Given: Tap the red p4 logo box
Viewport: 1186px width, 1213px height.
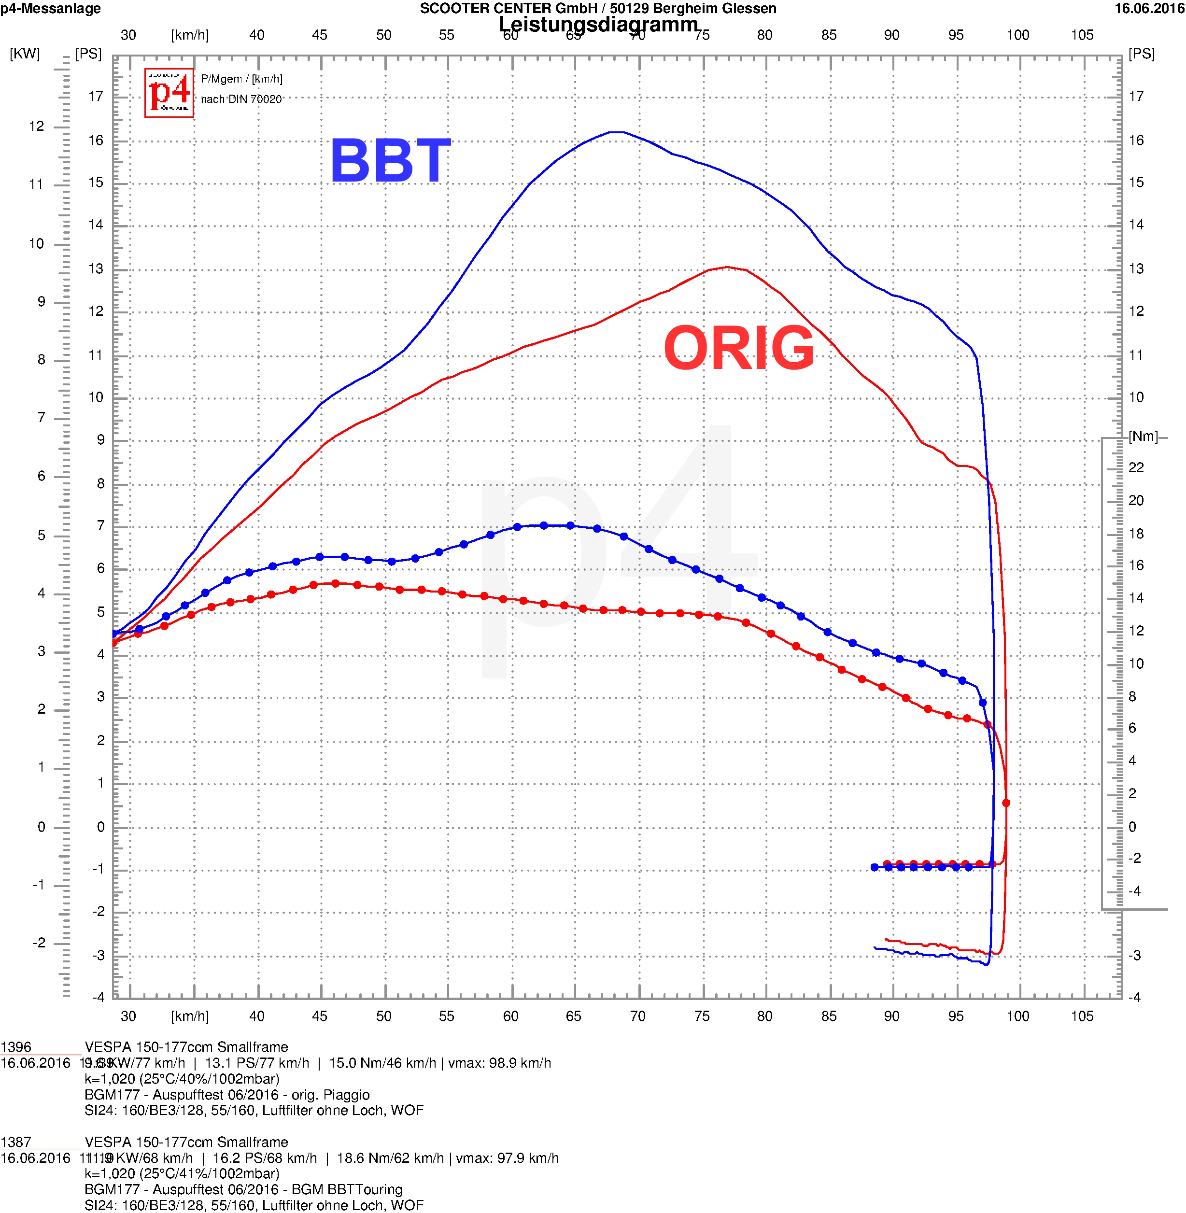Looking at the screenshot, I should (x=169, y=93).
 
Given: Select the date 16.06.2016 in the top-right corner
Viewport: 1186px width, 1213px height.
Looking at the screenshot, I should (x=1149, y=8).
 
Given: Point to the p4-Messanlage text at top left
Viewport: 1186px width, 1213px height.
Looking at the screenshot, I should (x=50, y=8).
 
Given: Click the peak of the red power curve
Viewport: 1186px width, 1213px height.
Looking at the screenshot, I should (x=727, y=267).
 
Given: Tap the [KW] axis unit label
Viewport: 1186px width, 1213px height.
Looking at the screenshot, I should (x=25, y=54).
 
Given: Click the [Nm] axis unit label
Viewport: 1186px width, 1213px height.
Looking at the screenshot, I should (x=1143, y=436).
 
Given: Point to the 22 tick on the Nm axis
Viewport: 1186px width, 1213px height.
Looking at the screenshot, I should (x=1136, y=467).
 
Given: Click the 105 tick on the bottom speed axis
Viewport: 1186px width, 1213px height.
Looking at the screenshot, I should (x=1082, y=1016).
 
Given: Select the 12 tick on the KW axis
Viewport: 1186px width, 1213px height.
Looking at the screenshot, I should (x=37, y=127).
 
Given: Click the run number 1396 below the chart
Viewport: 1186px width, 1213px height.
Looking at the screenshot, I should (x=16, y=1047).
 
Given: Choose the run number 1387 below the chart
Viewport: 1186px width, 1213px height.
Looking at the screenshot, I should (x=16, y=1142).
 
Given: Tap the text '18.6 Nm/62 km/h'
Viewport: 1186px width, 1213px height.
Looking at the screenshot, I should (x=390, y=1158).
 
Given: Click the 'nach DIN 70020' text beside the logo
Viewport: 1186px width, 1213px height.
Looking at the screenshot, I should (x=241, y=99).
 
